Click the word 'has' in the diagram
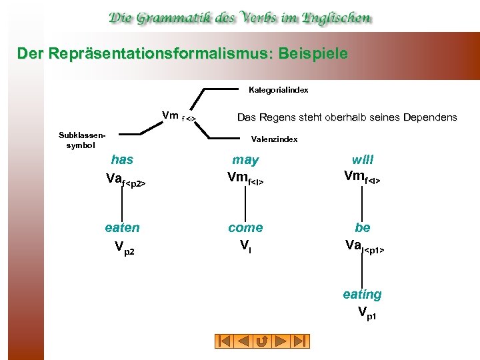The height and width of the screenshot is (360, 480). tap(122, 159)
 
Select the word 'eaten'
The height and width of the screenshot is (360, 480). tap(123, 227)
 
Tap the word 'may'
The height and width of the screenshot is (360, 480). tap(245, 159)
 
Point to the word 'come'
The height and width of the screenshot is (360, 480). tap(245, 227)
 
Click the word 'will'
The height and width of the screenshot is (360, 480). tap(363, 159)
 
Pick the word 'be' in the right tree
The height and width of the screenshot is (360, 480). tap(363, 227)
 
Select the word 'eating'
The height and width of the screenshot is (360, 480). tap(362, 294)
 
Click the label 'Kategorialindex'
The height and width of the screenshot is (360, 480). tap(278, 89)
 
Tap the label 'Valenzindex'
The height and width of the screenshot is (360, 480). tap(274, 139)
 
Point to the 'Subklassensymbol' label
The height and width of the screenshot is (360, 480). tap(81, 139)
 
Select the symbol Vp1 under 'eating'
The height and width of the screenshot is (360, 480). tap(367, 312)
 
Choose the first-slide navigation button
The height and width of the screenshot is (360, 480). tap(225, 341)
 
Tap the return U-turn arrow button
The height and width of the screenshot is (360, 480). tap(263, 341)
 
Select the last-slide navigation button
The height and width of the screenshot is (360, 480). tap(300, 341)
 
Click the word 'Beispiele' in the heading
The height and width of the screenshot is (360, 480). tap(309, 53)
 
